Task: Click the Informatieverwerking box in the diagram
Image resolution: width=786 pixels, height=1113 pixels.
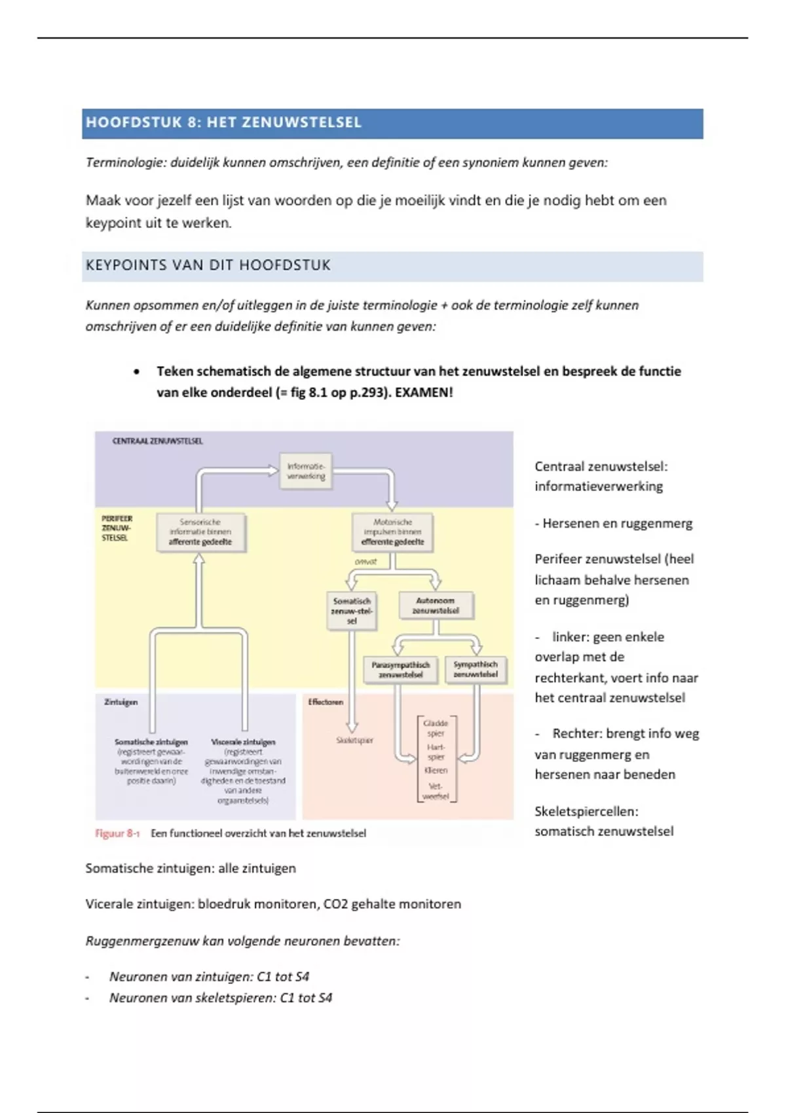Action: coord(305,471)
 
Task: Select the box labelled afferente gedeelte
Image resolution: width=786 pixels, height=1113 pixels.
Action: coord(200,532)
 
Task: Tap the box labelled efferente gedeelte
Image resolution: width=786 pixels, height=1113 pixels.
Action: coord(392,532)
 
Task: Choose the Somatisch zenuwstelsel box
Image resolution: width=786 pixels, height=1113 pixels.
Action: coord(352,610)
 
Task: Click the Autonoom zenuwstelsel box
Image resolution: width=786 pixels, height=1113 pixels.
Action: coord(436,606)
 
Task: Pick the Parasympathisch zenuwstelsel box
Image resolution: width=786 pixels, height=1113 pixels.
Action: coord(401,670)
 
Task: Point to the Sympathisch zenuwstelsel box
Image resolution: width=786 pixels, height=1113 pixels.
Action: coord(476,669)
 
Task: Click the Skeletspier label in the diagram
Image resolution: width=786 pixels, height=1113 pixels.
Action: coord(354,740)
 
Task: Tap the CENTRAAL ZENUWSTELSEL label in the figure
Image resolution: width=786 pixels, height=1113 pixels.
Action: coord(158,441)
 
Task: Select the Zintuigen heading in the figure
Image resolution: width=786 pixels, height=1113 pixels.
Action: coord(121,702)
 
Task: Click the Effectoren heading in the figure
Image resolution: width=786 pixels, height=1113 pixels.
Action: coord(326,702)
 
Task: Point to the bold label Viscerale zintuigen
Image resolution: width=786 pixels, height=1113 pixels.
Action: coord(243,742)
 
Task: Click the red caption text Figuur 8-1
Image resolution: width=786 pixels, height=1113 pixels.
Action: coord(117,833)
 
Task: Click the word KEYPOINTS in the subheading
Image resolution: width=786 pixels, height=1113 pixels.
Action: coord(126,266)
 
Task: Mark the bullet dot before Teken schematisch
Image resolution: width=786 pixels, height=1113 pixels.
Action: coord(136,372)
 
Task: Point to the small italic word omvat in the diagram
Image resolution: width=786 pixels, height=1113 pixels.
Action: coord(365,562)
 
